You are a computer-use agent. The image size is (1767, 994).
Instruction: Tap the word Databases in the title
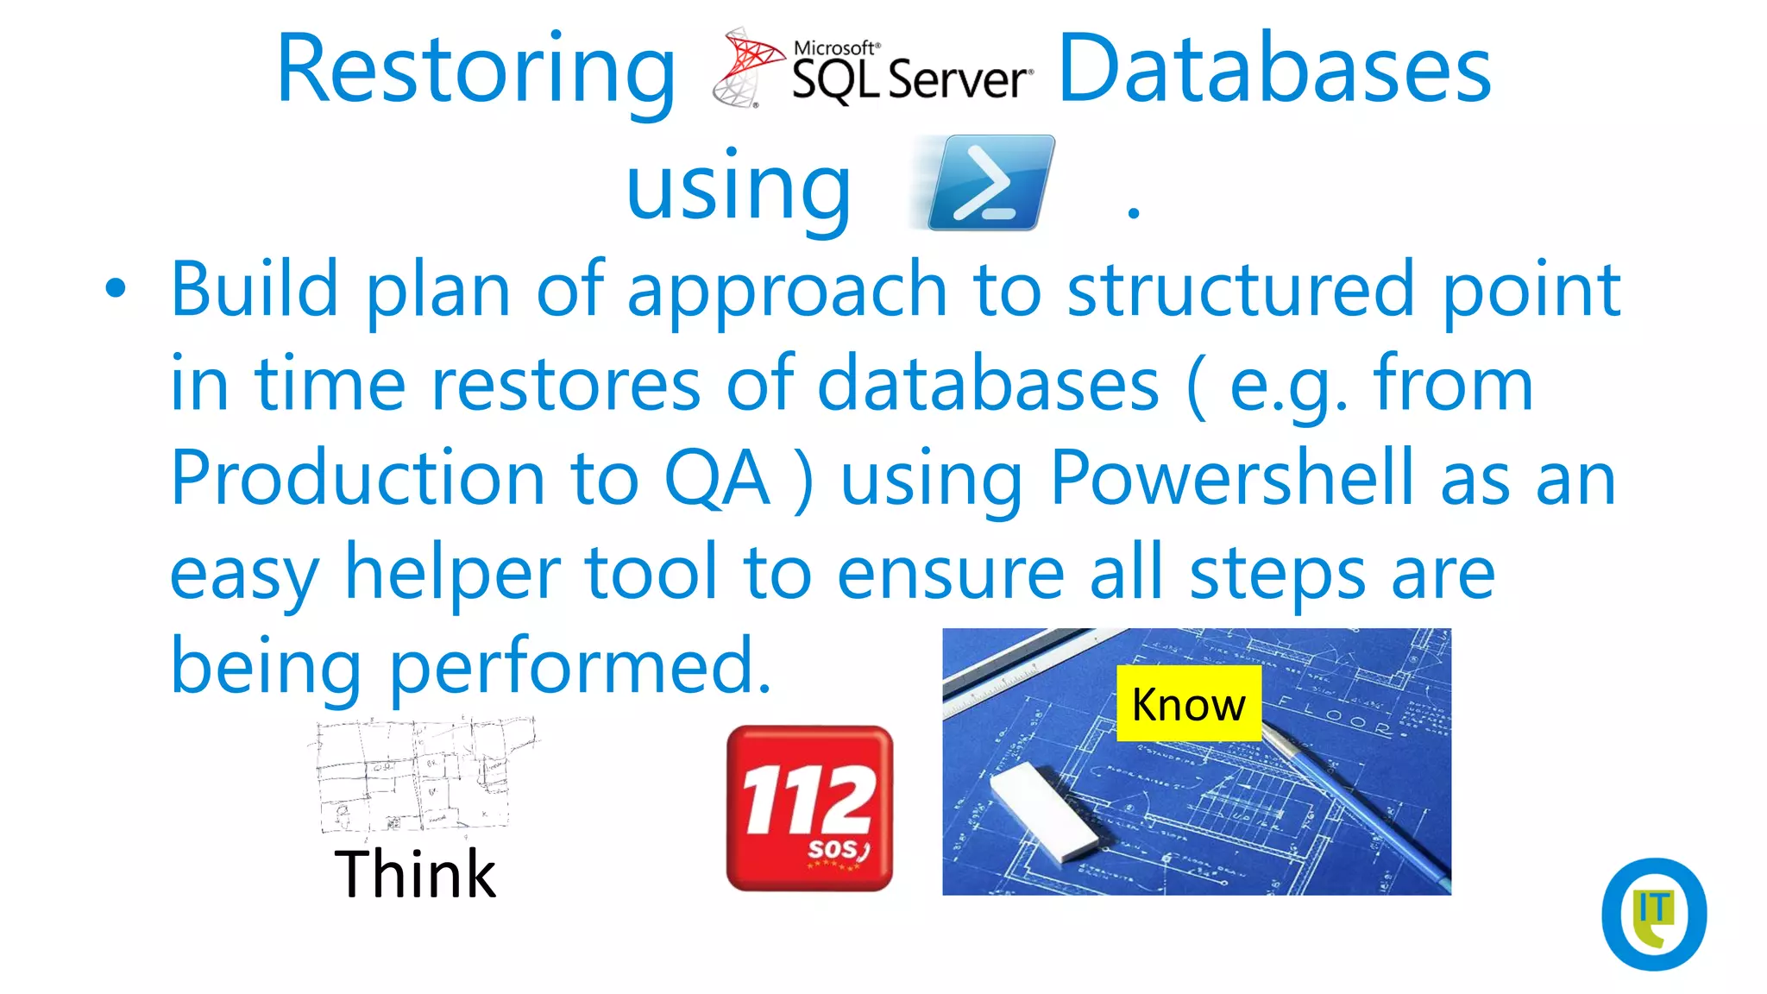(1274, 69)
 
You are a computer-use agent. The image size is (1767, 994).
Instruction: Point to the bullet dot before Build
(116, 289)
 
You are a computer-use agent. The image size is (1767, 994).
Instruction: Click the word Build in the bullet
(254, 289)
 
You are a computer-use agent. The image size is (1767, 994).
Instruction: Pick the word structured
(1240, 289)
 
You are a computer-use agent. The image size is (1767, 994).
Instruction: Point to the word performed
(580, 666)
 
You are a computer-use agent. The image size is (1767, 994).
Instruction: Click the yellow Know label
(1188, 704)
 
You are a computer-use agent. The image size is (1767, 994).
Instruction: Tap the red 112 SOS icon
(809, 808)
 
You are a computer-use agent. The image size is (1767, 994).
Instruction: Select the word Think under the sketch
(415, 874)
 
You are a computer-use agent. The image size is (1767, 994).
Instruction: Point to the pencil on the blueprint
(1355, 798)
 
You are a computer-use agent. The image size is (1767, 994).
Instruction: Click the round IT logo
(1653, 914)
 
